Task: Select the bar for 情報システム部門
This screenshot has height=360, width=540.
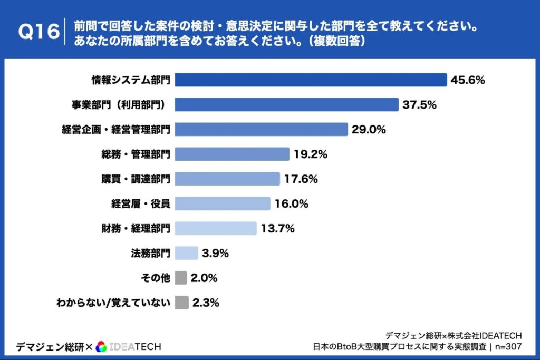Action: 311,80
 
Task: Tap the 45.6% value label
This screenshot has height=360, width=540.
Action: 467,80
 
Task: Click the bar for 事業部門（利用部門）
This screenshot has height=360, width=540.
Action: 286,104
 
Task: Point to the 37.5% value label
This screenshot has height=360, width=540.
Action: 419,105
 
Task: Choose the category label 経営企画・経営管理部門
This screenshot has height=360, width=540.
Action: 114,129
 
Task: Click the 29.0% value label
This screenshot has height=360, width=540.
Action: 369,130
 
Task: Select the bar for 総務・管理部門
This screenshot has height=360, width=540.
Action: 232,154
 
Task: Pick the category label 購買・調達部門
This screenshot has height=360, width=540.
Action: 136,179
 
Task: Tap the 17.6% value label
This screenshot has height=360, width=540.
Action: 301,179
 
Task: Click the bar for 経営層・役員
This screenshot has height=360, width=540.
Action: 222,203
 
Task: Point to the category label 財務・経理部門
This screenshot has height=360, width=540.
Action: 136,228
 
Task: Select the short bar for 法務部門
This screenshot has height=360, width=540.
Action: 186,253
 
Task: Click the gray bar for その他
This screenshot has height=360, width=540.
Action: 181,278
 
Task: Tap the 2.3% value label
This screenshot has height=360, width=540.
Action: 205,303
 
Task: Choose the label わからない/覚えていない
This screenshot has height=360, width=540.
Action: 113,303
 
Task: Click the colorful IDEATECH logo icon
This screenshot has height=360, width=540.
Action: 102,346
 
